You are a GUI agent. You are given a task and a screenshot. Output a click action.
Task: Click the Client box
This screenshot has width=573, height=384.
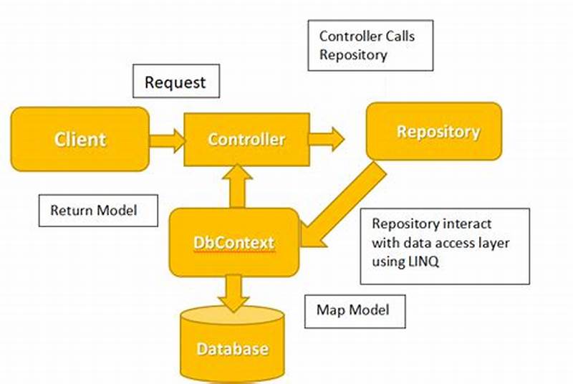click(x=80, y=139)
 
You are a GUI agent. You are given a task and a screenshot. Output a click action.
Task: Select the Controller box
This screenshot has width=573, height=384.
click(x=246, y=139)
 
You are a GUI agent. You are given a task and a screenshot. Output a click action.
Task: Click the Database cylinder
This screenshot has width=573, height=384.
click(x=233, y=348)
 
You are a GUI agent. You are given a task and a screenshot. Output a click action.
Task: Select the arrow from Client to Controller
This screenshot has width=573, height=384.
click(x=167, y=139)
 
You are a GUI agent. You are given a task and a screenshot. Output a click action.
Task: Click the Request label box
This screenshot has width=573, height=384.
click(x=175, y=82)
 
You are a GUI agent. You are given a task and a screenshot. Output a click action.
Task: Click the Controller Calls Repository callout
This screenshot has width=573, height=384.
click(x=370, y=45)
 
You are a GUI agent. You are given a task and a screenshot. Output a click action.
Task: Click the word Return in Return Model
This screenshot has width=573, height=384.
click(x=68, y=211)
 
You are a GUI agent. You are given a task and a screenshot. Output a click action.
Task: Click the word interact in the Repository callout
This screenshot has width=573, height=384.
click(x=466, y=225)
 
